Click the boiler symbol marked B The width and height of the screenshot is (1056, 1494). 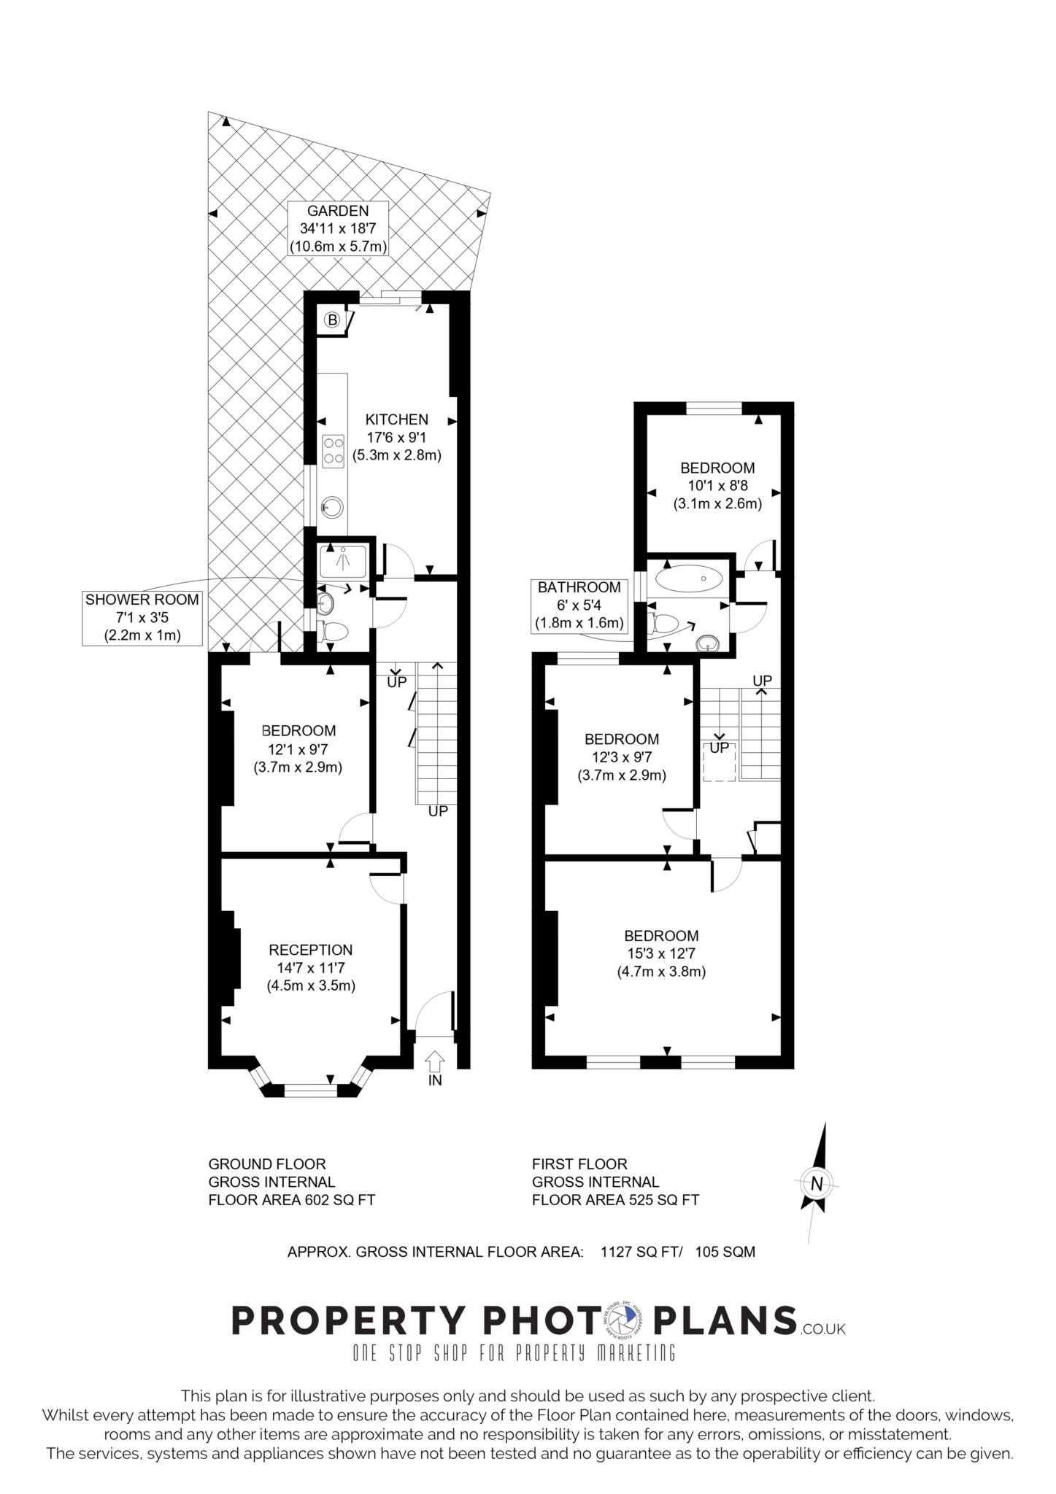click(332, 320)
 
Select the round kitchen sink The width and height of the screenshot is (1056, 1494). click(333, 506)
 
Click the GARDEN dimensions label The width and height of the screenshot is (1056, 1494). click(337, 228)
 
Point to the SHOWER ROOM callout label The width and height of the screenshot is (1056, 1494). click(142, 617)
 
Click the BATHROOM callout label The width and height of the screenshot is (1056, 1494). click(579, 605)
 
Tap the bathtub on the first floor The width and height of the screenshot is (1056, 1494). click(690, 579)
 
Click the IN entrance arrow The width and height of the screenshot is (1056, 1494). click(435, 1061)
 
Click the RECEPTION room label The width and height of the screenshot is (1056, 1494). click(311, 967)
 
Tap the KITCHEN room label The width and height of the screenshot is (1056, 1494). click(397, 437)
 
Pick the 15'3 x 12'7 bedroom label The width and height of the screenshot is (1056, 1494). click(661, 953)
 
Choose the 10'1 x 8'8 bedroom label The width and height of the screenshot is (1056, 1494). click(717, 485)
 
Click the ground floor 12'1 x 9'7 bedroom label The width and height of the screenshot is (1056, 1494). click(298, 748)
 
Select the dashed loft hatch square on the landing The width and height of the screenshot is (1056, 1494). click(719, 762)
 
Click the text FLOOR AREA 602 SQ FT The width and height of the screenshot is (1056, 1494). click(292, 1200)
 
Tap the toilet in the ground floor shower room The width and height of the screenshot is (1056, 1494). click(334, 632)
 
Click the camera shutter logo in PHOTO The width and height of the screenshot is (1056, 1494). click(621, 1320)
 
